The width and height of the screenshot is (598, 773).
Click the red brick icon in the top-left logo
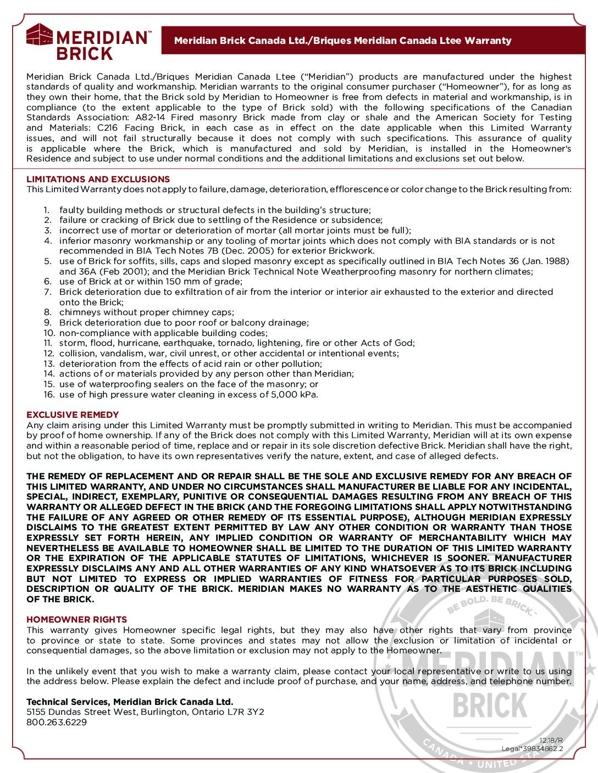point(40,37)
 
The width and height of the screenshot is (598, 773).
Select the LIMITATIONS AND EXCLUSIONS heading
point(98,179)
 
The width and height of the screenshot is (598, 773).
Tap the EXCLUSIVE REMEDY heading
point(73,414)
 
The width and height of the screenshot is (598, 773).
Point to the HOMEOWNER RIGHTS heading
point(76,619)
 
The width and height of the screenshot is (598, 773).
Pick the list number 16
point(49,394)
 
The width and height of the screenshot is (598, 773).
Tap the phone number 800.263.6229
point(57,722)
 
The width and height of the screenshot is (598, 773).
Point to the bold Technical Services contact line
point(130,702)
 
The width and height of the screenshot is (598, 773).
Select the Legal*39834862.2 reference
point(532,748)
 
